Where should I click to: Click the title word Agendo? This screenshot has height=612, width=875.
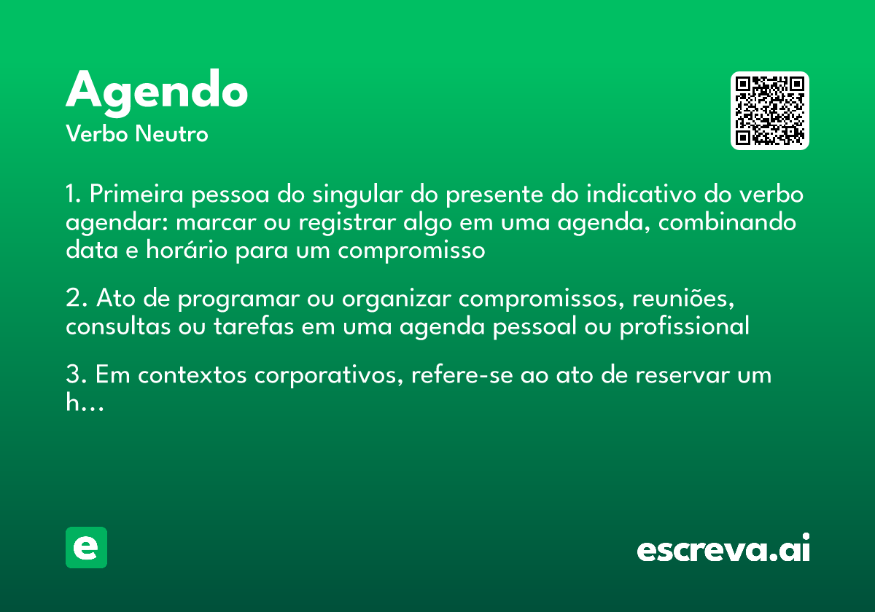(x=157, y=92)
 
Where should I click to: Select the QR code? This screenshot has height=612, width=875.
(x=770, y=111)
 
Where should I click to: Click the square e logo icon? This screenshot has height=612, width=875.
(x=86, y=547)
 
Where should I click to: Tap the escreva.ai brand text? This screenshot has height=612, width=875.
(x=723, y=549)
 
